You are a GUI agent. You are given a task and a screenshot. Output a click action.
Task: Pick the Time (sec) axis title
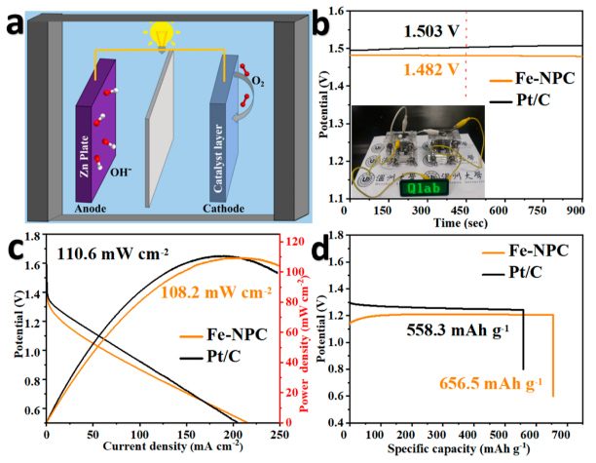466,222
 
